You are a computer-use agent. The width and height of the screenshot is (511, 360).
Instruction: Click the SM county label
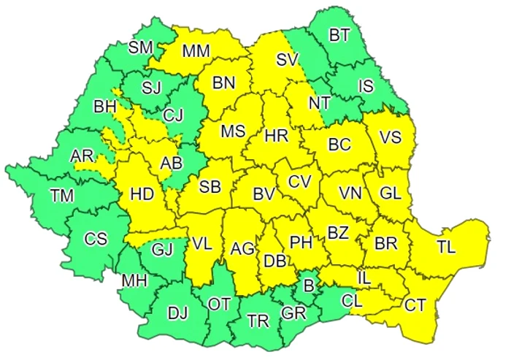pyautogui.click(x=140, y=48)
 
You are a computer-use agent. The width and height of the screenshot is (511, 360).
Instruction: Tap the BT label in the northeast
pyautogui.click(x=339, y=34)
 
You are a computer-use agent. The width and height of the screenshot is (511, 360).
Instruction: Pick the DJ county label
pyautogui.click(x=177, y=313)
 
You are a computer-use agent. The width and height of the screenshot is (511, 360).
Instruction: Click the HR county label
pyautogui.click(x=277, y=136)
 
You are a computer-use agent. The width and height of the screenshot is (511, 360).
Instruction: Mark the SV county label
pyautogui.click(x=287, y=61)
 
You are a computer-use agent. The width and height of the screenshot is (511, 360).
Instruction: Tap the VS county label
pyautogui.click(x=392, y=137)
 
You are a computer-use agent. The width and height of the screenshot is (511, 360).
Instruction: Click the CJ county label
pyautogui.click(x=174, y=114)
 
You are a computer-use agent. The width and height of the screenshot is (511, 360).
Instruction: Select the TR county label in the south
pyautogui.click(x=257, y=319)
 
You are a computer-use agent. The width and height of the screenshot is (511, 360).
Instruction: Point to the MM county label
pyautogui.click(x=196, y=52)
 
